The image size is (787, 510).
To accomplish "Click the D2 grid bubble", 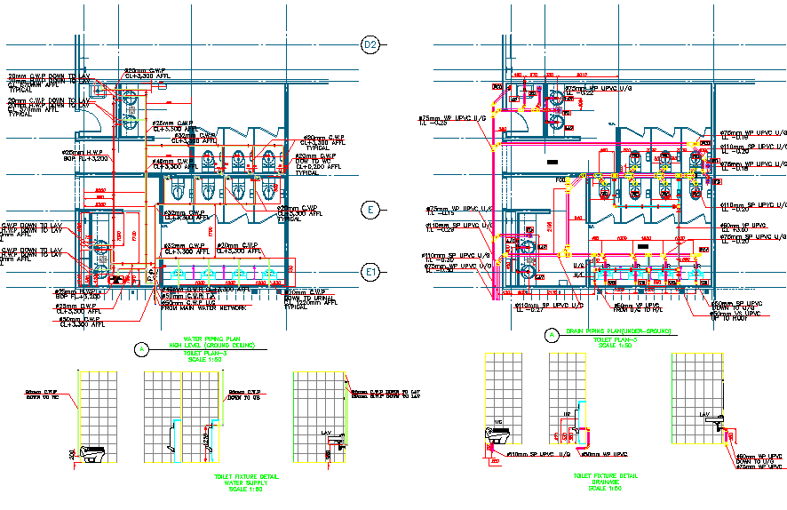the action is [370, 44].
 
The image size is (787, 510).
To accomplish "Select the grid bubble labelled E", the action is [371, 210].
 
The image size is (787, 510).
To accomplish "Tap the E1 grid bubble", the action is [371, 272].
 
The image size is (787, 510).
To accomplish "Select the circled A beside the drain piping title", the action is [552, 335].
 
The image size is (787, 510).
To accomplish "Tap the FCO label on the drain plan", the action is [561, 181].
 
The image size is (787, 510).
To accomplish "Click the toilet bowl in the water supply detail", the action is [93, 453].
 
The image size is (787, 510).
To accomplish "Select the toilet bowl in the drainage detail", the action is [500, 435].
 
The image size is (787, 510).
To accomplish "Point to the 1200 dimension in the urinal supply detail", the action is [205, 440].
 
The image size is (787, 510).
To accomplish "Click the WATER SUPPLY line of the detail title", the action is [246, 482].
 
